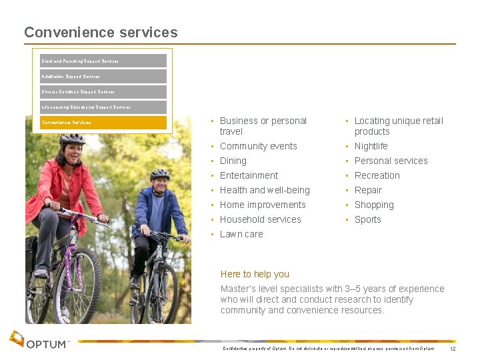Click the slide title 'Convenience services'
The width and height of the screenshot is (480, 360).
click(x=101, y=32)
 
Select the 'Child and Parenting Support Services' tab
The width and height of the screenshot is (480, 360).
click(x=103, y=61)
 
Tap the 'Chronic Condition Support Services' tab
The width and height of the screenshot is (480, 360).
click(x=103, y=91)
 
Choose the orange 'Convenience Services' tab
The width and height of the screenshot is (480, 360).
click(x=103, y=123)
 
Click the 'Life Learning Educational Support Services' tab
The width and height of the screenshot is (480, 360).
click(x=103, y=107)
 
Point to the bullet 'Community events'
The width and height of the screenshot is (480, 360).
click(x=258, y=146)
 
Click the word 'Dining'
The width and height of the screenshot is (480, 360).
click(x=233, y=161)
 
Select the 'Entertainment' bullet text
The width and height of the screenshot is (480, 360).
click(x=249, y=175)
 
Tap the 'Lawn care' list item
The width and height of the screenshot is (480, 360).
click(x=241, y=234)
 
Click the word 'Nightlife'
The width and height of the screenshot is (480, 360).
click(x=371, y=146)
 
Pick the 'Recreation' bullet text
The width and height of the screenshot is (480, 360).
click(x=377, y=175)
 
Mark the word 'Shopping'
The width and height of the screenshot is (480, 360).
click(x=374, y=205)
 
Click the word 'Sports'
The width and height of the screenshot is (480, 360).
click(x=367, y=219)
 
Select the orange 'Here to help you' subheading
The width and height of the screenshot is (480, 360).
click(x=255, y=274)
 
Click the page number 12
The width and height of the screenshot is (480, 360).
click(x=453, y=349)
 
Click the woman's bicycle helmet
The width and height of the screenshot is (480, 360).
click(x=72, y=139)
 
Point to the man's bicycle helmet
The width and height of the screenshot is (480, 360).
click(x=160, y=174)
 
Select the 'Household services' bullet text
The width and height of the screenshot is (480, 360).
click(x=260, y=219)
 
